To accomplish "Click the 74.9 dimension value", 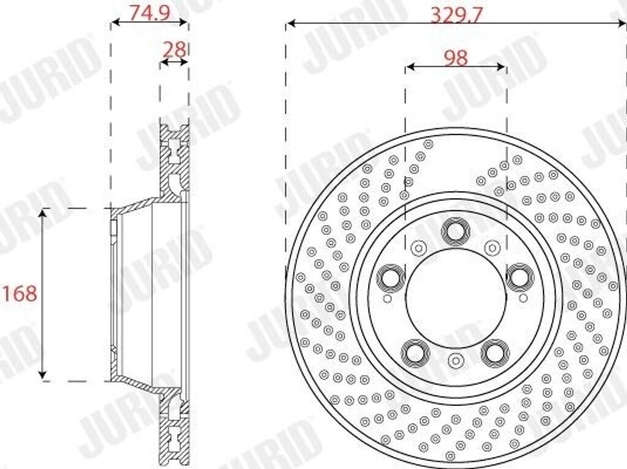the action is pyautogui.click(x=149, y=13).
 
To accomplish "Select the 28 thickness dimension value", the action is pyautogui.click(x=175, y=50).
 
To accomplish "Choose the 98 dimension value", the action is pyautogui.click(x=455, y=58).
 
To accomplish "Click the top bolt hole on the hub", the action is pyautogui.click(x=455, y=231).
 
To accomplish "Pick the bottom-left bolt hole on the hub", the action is pyautogui.click(x=415, y=353).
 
